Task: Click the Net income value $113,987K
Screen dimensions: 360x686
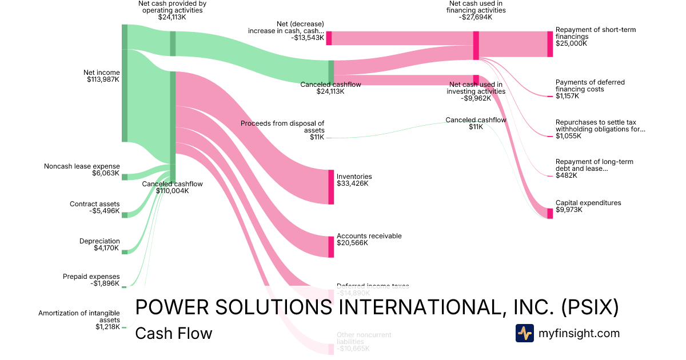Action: click(x=101, y=79)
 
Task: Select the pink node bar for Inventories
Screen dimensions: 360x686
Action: click(x=331, y=187)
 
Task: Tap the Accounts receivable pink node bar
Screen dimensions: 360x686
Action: click(x=331, y=247)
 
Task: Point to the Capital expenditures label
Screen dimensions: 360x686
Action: click(x=588, y=203)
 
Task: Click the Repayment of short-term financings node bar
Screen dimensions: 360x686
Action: click(x=550, y=44)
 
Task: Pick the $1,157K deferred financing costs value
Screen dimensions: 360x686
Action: click(x=567, y=96)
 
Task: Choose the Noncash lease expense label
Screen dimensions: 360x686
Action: click(x=82, y=166)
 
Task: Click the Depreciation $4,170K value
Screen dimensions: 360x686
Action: click(x=107, y=248)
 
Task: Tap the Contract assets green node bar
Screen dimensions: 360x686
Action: click(x=124, y=215)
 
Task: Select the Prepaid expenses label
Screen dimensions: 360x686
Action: click(x=91, y=277)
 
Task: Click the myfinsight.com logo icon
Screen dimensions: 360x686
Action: click(x=524, y=333)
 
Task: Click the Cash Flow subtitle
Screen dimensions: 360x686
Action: click(x=173, y=333)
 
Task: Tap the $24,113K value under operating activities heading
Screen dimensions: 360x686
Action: click(x=172, y=17)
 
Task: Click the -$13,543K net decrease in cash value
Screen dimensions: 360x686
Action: click(x=307, y=38)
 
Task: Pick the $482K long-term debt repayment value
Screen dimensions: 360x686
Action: click(x=566, y=175)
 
